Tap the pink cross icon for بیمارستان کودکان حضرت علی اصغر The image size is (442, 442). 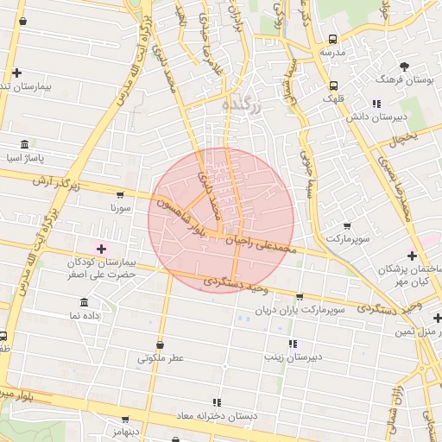[x=101, y=249]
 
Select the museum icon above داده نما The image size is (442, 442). [x=84, y=302]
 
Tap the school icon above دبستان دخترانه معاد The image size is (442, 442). [x=217, y=402]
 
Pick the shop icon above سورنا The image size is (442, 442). [x=119, y=195]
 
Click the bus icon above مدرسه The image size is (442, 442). [x=333, y=39]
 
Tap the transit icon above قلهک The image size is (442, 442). [x=333, y=85]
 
